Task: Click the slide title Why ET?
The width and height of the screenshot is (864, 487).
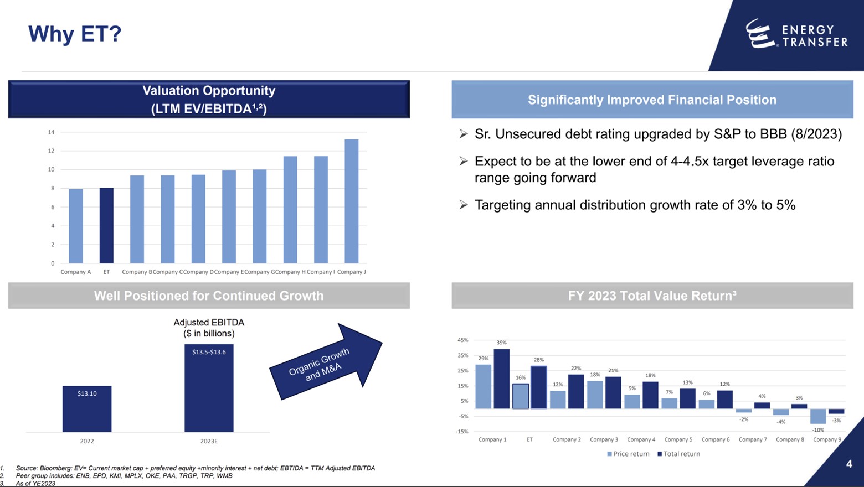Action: (x=75, y=34)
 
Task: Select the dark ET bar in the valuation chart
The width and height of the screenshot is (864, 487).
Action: (x=106, y=226)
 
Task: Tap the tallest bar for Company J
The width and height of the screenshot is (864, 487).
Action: (x=351, y=201)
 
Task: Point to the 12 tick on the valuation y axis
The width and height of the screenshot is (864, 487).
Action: (x=51, y=151)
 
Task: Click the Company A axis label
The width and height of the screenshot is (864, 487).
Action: (x=75, y=272)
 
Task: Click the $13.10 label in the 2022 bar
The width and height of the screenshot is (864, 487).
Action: (x=87, y=393)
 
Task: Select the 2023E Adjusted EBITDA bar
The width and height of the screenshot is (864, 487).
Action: (x=209, y=393)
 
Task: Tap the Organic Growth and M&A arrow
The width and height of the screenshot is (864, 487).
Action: (x=326, y=363)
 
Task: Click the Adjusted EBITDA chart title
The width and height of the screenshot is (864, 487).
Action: (x=209, y=328)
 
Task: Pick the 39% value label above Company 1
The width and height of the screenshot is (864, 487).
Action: (x=501, y=343)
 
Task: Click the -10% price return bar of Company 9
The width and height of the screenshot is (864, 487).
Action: (x=817, y=416)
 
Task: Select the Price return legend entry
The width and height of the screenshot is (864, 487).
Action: (x=628, y=454)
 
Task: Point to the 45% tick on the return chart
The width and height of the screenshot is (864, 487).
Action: (x=462, y=340)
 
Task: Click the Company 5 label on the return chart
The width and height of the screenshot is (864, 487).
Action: (x=678, y=439)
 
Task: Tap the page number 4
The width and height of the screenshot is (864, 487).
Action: (x=848, y=464)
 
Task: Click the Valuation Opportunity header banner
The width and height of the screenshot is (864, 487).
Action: (x=209, y=100)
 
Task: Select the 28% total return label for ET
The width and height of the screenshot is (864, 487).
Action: (x=538, y=360)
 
